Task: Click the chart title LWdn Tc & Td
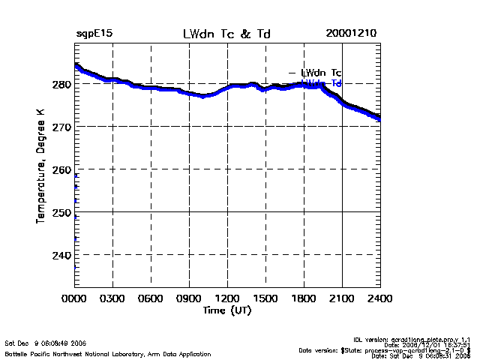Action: [227, 34]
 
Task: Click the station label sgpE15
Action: [94, 34]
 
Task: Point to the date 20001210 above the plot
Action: [352, 34]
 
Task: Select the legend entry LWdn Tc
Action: [321, 73]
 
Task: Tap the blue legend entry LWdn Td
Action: [321, 82]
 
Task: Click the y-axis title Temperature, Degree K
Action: [40, 165]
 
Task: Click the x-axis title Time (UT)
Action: [227, 310]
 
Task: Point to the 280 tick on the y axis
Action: [62, 85]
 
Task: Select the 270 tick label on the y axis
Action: [62, 127]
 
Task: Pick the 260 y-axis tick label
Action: [62, 170]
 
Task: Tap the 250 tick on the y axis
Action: [62, 213]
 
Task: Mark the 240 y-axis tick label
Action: [62, 256]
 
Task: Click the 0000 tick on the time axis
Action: [74, 298]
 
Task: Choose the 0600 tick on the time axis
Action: [151, 298]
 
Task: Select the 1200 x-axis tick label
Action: [227, 298]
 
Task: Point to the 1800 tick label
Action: [304, 298]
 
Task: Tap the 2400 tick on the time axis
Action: [380, 298]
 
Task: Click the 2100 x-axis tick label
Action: [342, 298]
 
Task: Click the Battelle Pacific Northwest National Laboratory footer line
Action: [108, 353]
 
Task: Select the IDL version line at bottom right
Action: [422, 339]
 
